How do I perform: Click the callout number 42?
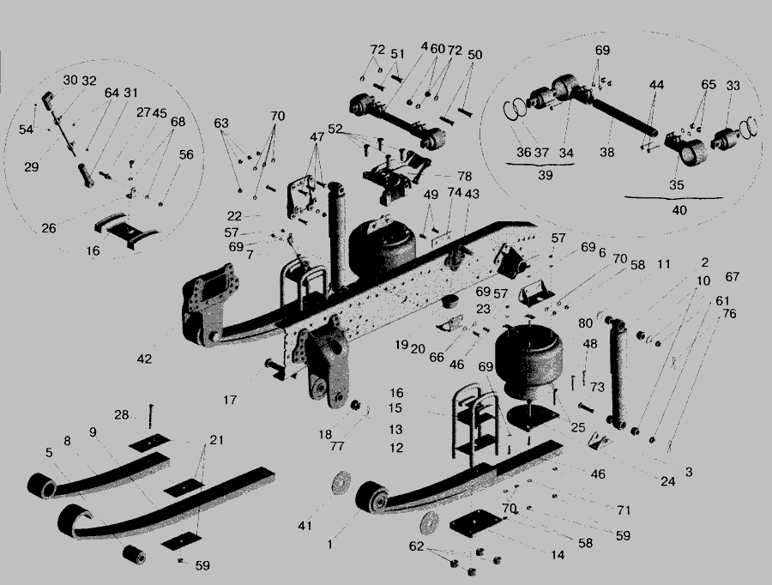tap(144, 359)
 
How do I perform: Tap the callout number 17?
tap(230, 399)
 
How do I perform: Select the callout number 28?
tap(122, 415)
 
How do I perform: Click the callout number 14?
tap(558, 555)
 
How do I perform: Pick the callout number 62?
tap(416, 545)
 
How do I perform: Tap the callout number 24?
tap(668, 481)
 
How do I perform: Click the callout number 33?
tap(733, 86)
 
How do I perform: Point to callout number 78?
tap(463, 175)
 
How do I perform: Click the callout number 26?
tap(49, 228)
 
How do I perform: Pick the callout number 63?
tap(222, 123)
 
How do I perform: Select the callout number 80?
tap(585, 323)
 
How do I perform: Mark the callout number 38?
tap(607, 152)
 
